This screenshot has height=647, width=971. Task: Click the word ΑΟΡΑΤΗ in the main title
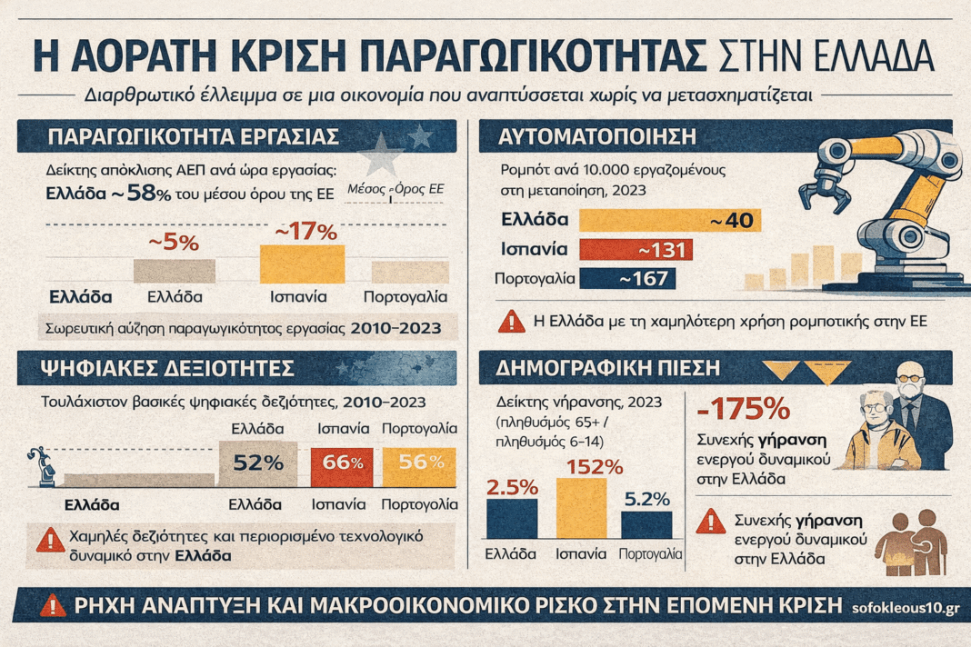click(164, 56)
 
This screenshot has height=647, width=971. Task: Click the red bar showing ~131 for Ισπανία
click(636, 250)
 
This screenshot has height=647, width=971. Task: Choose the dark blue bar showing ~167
click(626, 279)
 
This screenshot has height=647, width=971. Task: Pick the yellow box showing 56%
click(419, 462)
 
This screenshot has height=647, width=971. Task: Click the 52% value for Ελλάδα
click(259, 462)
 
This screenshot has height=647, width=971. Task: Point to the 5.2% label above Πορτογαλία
click(646, 499)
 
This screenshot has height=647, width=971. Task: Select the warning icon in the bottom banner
click(54, 605)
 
